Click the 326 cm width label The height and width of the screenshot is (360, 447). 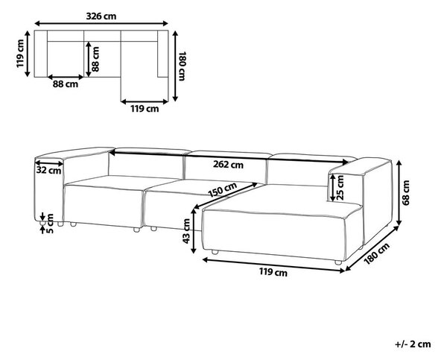[101, 16]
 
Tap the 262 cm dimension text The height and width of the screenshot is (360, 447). [229, 165]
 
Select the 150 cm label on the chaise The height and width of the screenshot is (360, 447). [222, 190]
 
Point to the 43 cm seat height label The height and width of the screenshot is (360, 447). [186, 231]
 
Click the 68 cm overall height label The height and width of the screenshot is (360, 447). [406, 192]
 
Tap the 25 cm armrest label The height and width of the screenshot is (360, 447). [340, 187]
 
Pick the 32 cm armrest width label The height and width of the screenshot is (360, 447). [48, 170]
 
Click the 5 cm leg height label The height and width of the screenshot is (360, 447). [50, 224]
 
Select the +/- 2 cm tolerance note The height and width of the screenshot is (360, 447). [413, 344]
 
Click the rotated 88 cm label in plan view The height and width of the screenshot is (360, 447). [95, 59]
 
